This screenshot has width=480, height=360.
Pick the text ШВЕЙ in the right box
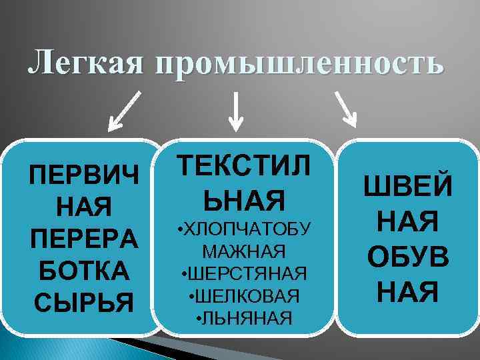pos(407,186)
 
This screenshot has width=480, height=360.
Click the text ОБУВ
pos(407,256)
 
